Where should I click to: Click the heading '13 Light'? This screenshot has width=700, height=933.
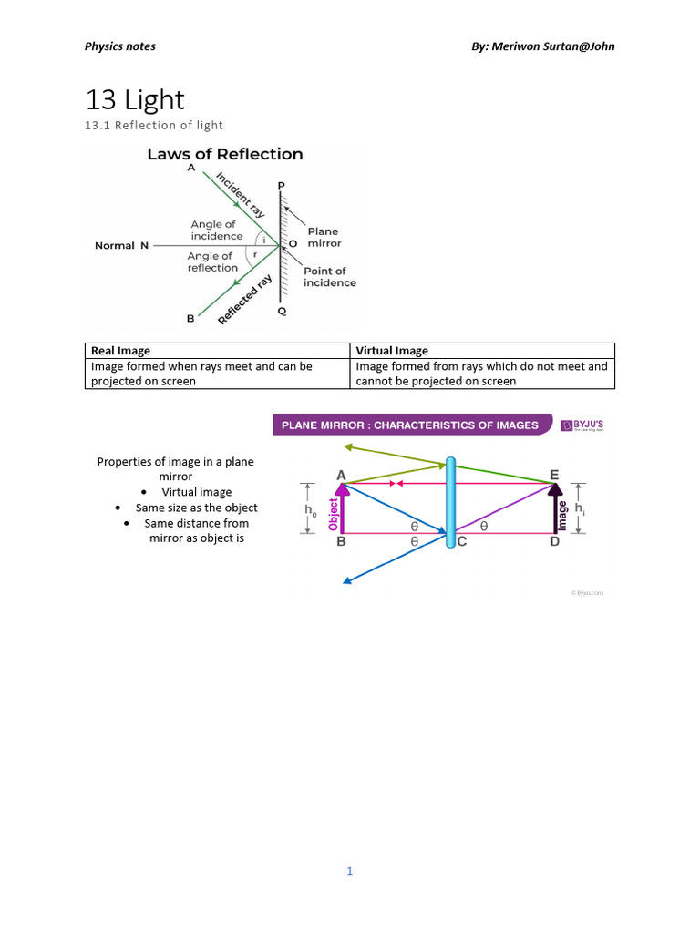coord(135,99)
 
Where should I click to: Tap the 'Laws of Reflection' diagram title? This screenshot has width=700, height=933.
coord(225,154)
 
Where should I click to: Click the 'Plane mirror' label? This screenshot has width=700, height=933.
coord(324,237)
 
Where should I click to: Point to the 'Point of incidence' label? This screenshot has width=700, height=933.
coord(329,276)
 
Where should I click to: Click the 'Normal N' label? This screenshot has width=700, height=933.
coord(121,245)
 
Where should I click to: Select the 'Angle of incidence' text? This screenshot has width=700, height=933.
coord(216,230)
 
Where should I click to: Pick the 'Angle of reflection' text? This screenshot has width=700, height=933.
coord(212,262)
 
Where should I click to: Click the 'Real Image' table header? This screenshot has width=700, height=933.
coord(120,351)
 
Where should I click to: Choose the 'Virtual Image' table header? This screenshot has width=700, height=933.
coord(392,351)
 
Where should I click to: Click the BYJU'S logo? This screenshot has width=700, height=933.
coord(583,425)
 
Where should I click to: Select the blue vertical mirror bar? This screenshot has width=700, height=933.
coord(450,504)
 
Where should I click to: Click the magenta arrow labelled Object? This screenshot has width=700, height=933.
coord(341,509)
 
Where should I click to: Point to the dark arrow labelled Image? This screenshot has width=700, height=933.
coord(555,509)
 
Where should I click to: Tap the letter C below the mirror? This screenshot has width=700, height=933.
coord(463,542)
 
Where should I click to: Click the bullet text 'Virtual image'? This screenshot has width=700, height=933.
coord(197,492)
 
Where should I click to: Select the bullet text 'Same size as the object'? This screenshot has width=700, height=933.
coord(197,508)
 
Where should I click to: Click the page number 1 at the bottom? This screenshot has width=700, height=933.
coord(349,871)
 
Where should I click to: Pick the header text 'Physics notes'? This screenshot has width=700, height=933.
coord(120,46)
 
